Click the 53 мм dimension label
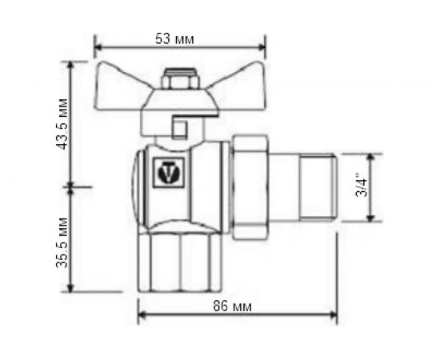pyautogui.click(x=178, y=38)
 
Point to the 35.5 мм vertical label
pyautogui.click(x=62, y=239)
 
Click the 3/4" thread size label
pyautogui.click(x=362, y=187)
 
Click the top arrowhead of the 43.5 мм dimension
pyautogui.click(x=72, y=63)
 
